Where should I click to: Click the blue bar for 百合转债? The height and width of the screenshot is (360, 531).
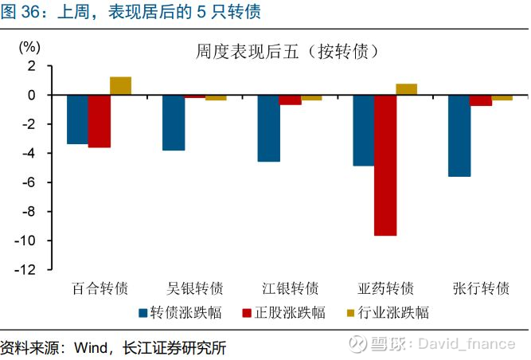[77, 119]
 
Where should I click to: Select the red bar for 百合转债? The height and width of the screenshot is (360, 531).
[100, 121]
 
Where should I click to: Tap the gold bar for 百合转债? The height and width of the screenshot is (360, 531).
[120, 86]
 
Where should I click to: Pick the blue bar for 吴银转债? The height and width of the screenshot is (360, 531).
[174, 123]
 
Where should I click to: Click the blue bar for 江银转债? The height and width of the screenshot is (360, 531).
[269, 128]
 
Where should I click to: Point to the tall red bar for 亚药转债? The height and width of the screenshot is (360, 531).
[385, 166]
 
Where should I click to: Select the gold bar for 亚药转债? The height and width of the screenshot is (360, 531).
[406, 89]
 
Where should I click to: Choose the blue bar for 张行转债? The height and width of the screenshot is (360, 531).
[459, 136]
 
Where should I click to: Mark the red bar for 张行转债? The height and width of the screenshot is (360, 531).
[481, 100]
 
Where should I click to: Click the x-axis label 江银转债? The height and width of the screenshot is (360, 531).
[291, 288]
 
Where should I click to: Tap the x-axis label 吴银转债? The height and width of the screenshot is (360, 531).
[195, 288]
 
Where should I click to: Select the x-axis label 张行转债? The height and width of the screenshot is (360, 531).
[481, 288]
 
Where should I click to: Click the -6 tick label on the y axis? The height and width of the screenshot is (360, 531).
[29, 182]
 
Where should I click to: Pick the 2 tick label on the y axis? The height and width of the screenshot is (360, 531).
[32, 66]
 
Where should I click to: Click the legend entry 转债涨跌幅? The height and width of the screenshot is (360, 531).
[181, 312]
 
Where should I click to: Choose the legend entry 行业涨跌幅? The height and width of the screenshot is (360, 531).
[388, 312]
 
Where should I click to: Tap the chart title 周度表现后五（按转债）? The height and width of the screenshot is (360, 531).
[287, 52]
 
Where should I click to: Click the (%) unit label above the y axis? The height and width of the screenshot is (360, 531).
[29, 47]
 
